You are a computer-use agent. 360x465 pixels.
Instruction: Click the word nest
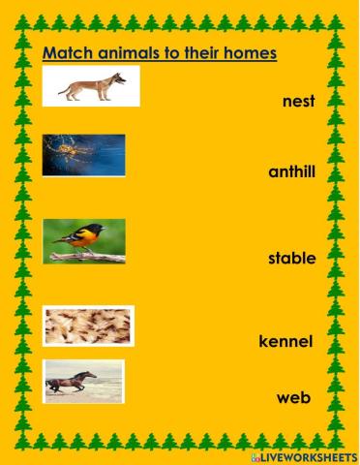coord(300,101)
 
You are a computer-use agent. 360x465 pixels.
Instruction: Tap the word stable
coord(292,259)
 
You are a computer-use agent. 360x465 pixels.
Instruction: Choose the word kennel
coord(285,341)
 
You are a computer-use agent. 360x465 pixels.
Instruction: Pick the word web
coord(292,397)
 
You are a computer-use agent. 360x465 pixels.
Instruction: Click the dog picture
coord(92,86)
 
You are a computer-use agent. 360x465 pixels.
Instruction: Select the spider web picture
coord(84,155)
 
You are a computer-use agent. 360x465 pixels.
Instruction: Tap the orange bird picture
coord(85,242)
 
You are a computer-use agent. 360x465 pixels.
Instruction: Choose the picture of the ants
coord(89,325)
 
